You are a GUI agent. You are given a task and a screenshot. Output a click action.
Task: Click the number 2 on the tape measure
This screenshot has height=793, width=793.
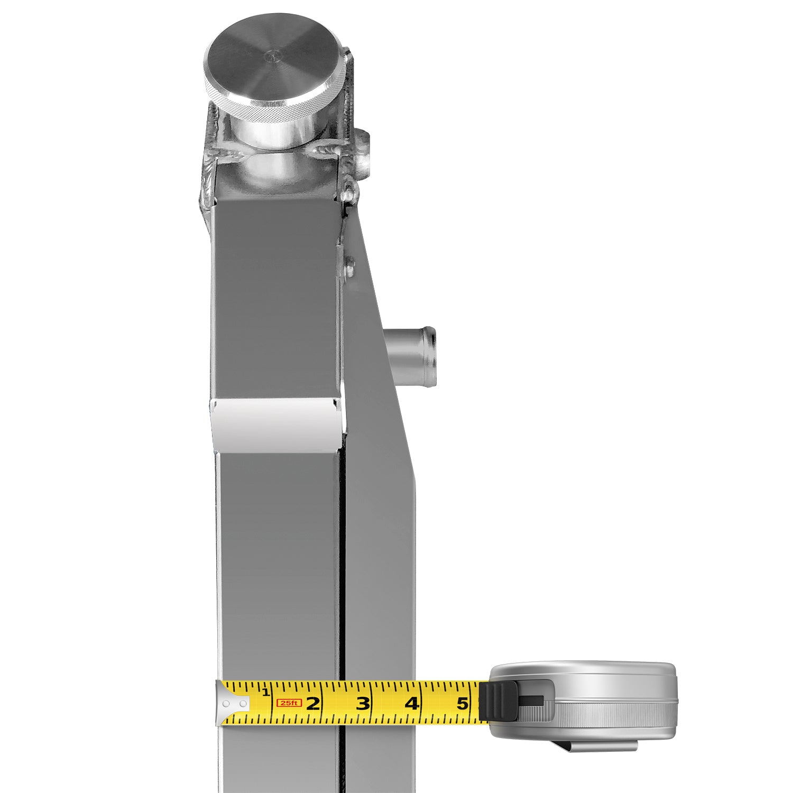(313, 704)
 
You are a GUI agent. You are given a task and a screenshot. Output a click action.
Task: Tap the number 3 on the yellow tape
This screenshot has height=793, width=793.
(363, 704)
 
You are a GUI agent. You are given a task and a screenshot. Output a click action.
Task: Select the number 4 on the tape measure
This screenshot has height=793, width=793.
(412, 704)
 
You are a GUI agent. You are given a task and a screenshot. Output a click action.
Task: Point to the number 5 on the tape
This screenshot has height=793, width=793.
(463, 704)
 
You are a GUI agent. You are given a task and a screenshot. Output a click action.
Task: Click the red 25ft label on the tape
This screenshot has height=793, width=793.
(289, 703)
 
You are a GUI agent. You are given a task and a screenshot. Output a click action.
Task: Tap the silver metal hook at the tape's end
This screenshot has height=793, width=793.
(233, 704)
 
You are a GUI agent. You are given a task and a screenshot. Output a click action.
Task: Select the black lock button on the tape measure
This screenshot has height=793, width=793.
(498, 700)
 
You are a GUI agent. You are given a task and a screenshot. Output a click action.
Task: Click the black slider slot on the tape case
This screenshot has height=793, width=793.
(531, 700)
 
